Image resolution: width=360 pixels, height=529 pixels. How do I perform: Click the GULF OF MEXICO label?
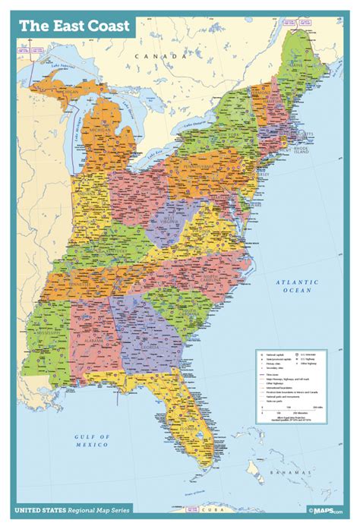click(93, 439)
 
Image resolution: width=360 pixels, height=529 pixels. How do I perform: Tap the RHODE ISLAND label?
click(314, 150)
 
